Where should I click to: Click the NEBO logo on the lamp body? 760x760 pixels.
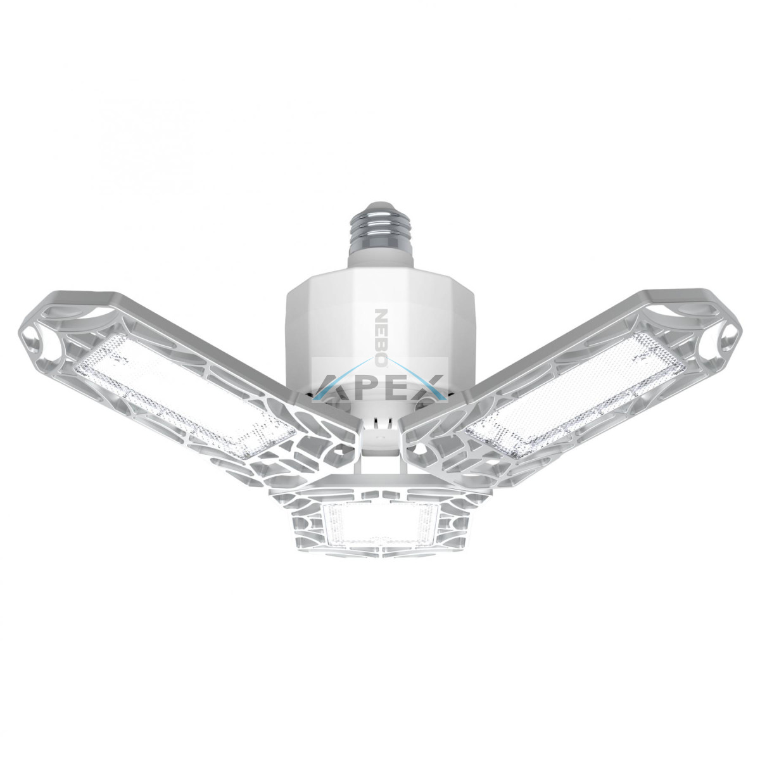point(381,338)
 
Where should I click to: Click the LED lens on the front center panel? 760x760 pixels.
point(380,523)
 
